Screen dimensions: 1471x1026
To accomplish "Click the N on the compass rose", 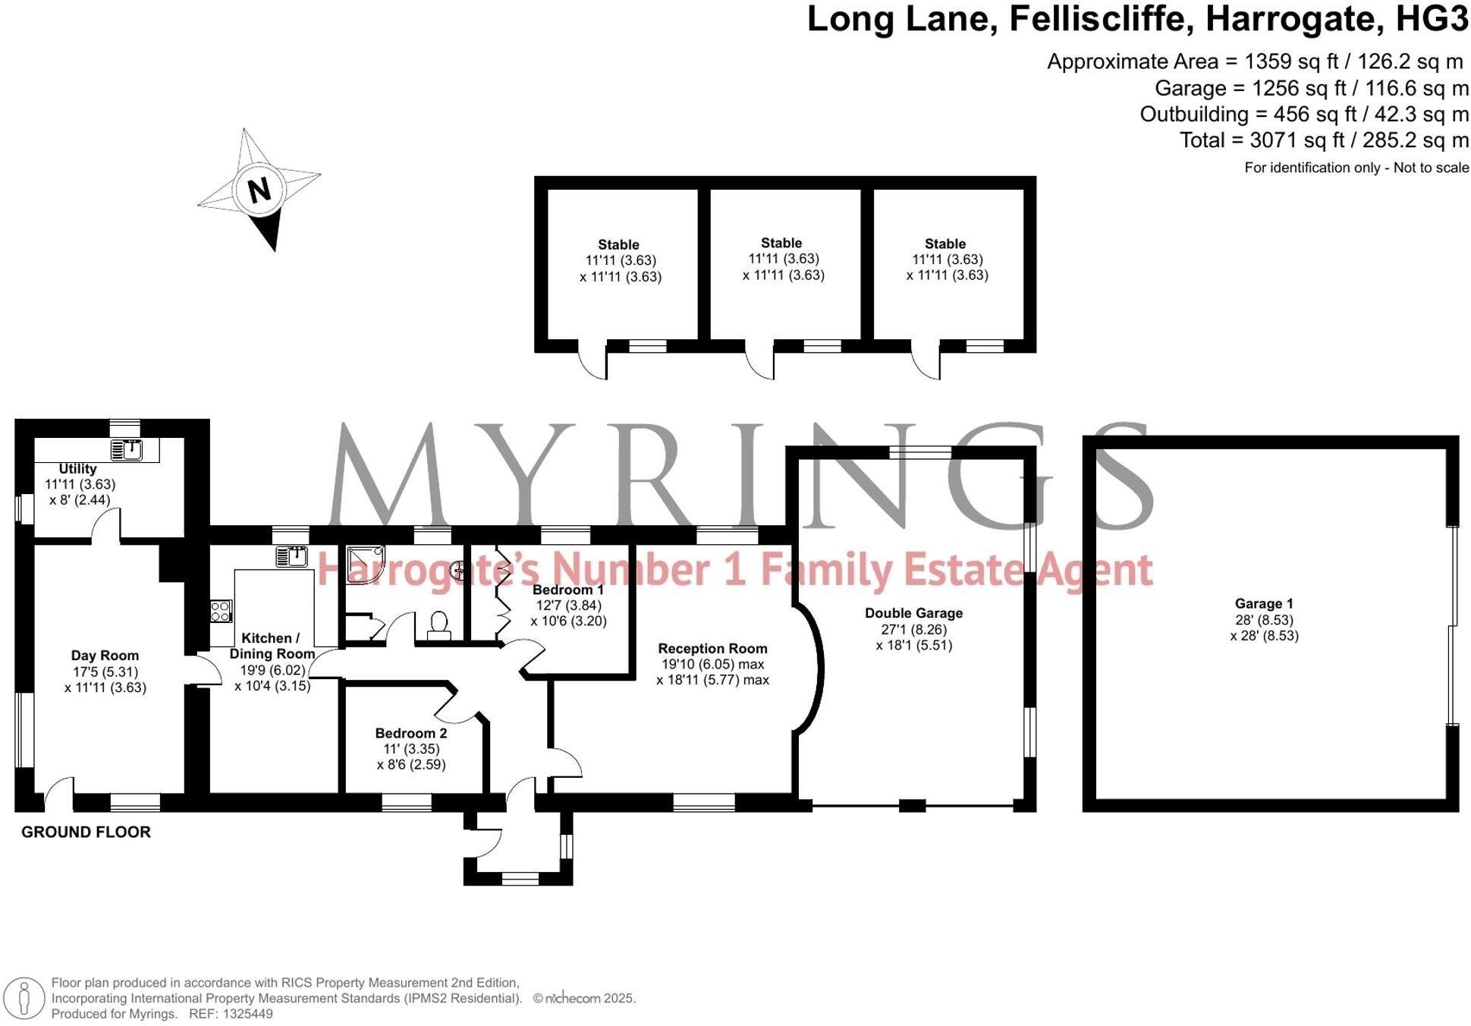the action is coord(259,190).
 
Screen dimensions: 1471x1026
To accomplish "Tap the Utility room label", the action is coord(77,469).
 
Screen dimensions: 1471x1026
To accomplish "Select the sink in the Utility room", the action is coord(127,450).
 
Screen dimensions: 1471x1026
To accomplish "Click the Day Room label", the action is coord(105,656).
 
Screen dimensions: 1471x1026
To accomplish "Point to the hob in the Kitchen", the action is coord(221,611).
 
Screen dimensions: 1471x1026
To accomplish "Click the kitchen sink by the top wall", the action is coord(291,556).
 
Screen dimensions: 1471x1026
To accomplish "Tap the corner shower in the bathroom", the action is coord(365,565).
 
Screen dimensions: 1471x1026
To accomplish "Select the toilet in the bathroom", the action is coord(438,626).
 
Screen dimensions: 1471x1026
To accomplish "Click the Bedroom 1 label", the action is coord(568,590).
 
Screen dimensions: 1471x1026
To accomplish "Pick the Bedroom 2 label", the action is coord(411,733).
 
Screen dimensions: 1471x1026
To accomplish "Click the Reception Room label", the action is coord(712,649).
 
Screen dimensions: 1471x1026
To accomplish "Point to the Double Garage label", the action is coord(913,613).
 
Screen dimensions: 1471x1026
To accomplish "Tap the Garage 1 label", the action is coord(1264,604).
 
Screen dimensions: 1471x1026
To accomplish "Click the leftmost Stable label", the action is coord(618,244).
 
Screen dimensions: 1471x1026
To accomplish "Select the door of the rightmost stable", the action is coord(926,360).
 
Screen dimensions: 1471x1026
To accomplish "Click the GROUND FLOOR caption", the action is coord(86,832).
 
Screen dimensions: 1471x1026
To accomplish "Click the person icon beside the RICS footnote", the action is coord(24,997).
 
